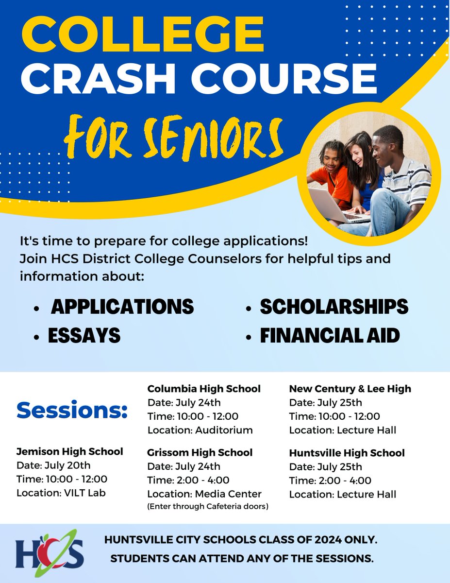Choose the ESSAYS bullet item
tap(84, 336)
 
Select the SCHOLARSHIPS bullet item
tap(334, 307)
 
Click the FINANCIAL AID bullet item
tap(330, 336)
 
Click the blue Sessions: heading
tap(72, 411)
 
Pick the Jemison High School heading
tap(69, 452)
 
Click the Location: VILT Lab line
tap(61, 493)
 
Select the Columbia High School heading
tap(204, 389)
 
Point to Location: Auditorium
tap(200, 430)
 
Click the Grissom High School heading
tap(200, 452)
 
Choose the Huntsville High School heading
tap(347, 453)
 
